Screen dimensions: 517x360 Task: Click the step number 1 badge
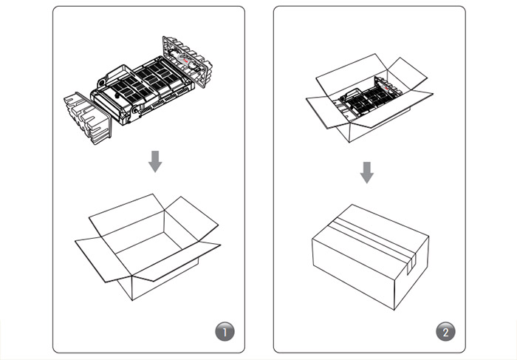click(225, 332)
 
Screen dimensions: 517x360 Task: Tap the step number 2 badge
click(445, 332)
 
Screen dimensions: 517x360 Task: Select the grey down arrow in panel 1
click(155, 161)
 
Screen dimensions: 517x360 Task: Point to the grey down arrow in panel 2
click(366, 172)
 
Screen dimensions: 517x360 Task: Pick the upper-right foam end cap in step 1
click(188, 61)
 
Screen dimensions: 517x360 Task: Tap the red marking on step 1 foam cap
click(185, 61)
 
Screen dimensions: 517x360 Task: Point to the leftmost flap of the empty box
click(95, 257)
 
